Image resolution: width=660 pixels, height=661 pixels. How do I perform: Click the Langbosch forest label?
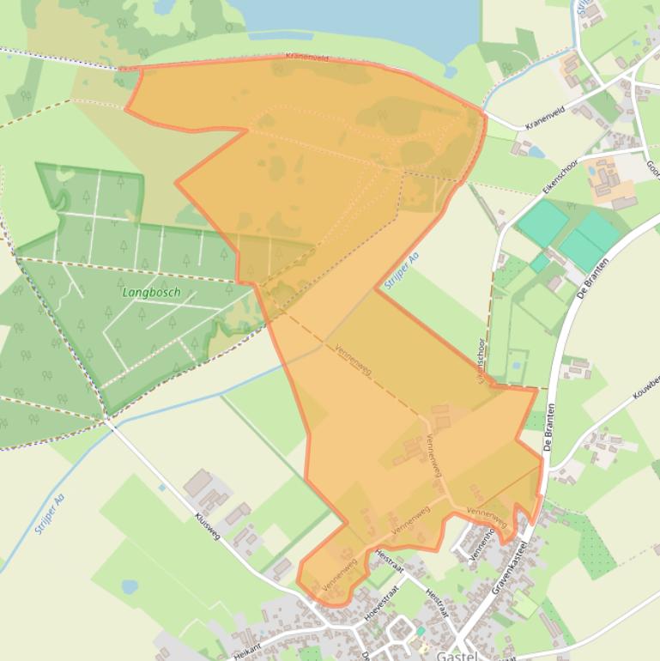click(x=151, y=292)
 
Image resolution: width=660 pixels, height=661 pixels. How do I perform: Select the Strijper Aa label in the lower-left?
click(x=49, y=514)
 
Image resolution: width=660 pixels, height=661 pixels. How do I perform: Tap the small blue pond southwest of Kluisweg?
click(x=130, y=587)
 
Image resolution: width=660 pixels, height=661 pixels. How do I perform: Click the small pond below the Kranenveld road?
click(x=536, y=152)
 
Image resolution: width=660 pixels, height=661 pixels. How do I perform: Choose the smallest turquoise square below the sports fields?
click(x=539, y=263)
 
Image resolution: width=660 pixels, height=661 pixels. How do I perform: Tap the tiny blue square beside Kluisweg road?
click(x=161, y=488)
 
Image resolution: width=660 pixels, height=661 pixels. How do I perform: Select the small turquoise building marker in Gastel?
click(x=421, y=631)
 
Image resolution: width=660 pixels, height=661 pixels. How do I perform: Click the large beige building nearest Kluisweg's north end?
click(x=198, y=482)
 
